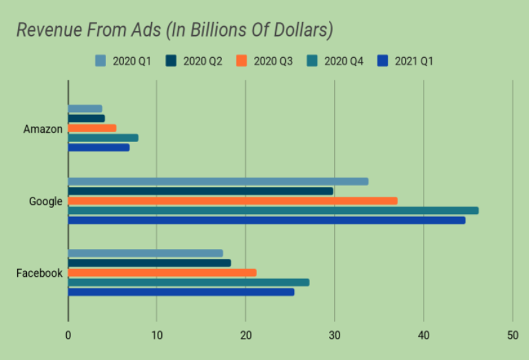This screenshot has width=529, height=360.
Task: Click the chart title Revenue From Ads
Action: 175,30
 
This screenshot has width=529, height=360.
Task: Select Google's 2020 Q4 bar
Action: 273,211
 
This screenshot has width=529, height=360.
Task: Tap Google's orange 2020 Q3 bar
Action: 233,201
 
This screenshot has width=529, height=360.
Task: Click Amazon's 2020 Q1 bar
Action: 85,109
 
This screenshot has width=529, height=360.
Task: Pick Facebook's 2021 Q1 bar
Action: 181,292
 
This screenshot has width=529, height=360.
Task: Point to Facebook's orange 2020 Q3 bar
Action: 162,273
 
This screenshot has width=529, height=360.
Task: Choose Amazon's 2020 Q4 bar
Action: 103,138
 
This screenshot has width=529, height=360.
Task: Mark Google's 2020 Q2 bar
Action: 200,191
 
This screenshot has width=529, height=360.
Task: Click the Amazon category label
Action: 43,129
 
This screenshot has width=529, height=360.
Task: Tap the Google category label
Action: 45,202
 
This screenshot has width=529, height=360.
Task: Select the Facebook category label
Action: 39,273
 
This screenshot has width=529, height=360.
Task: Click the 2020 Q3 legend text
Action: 273,61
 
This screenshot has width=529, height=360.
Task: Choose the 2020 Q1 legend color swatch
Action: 101,61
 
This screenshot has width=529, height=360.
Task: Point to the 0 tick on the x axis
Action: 68,335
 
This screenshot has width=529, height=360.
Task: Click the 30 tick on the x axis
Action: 335,335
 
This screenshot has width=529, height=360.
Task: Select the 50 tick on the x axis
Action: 512,335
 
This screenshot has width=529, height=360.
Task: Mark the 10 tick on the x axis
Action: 157,335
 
